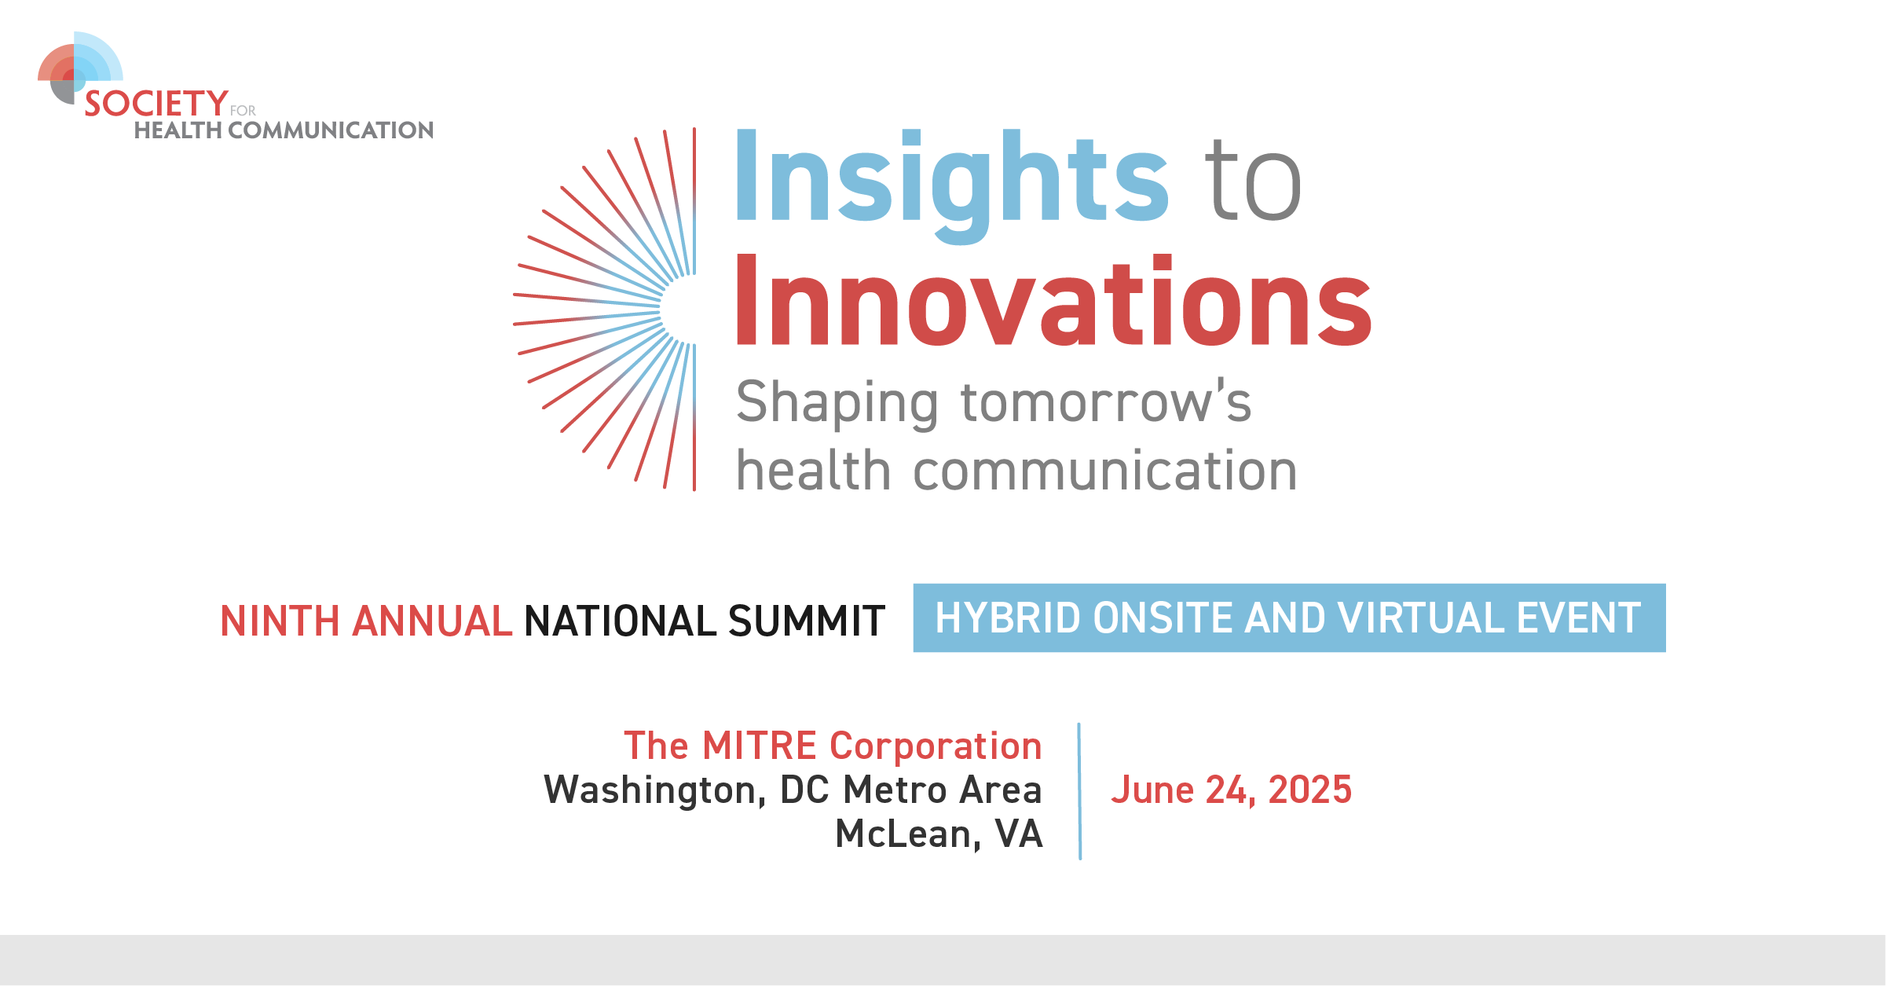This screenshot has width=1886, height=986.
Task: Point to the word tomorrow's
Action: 1106,401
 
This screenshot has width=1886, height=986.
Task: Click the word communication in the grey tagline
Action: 1105,471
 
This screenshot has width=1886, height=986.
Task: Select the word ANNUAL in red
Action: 432,621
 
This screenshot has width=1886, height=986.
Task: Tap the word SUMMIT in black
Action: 807,621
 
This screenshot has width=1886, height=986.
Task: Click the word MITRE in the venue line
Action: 760,746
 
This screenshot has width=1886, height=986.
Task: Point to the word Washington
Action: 655,790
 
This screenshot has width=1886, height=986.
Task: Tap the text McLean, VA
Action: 939,834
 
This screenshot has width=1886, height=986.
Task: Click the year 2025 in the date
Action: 1310,790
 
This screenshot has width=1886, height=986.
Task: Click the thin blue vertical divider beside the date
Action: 1080,791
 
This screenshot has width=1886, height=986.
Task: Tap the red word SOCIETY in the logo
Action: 156,104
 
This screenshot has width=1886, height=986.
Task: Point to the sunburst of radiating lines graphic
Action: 604,310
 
